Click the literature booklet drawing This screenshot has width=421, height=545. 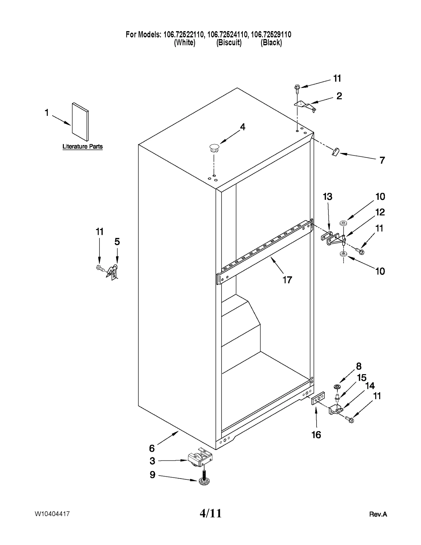pos(80,122)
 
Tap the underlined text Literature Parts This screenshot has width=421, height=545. pos(82,147)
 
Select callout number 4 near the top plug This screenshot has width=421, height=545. pos(242,127)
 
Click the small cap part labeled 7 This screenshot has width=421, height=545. pos(335,152)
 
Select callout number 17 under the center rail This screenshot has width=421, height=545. pos(287,280)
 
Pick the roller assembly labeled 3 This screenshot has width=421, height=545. pos(201,460)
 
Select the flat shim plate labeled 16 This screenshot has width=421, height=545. pos(318,399)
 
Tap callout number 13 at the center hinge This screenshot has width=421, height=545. pos(328,197)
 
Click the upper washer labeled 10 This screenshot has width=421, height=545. pos(343,223)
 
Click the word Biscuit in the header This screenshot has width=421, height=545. pos(229,43)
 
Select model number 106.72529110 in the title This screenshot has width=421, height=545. pos(271,34)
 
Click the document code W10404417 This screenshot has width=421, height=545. pos(52,514)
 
